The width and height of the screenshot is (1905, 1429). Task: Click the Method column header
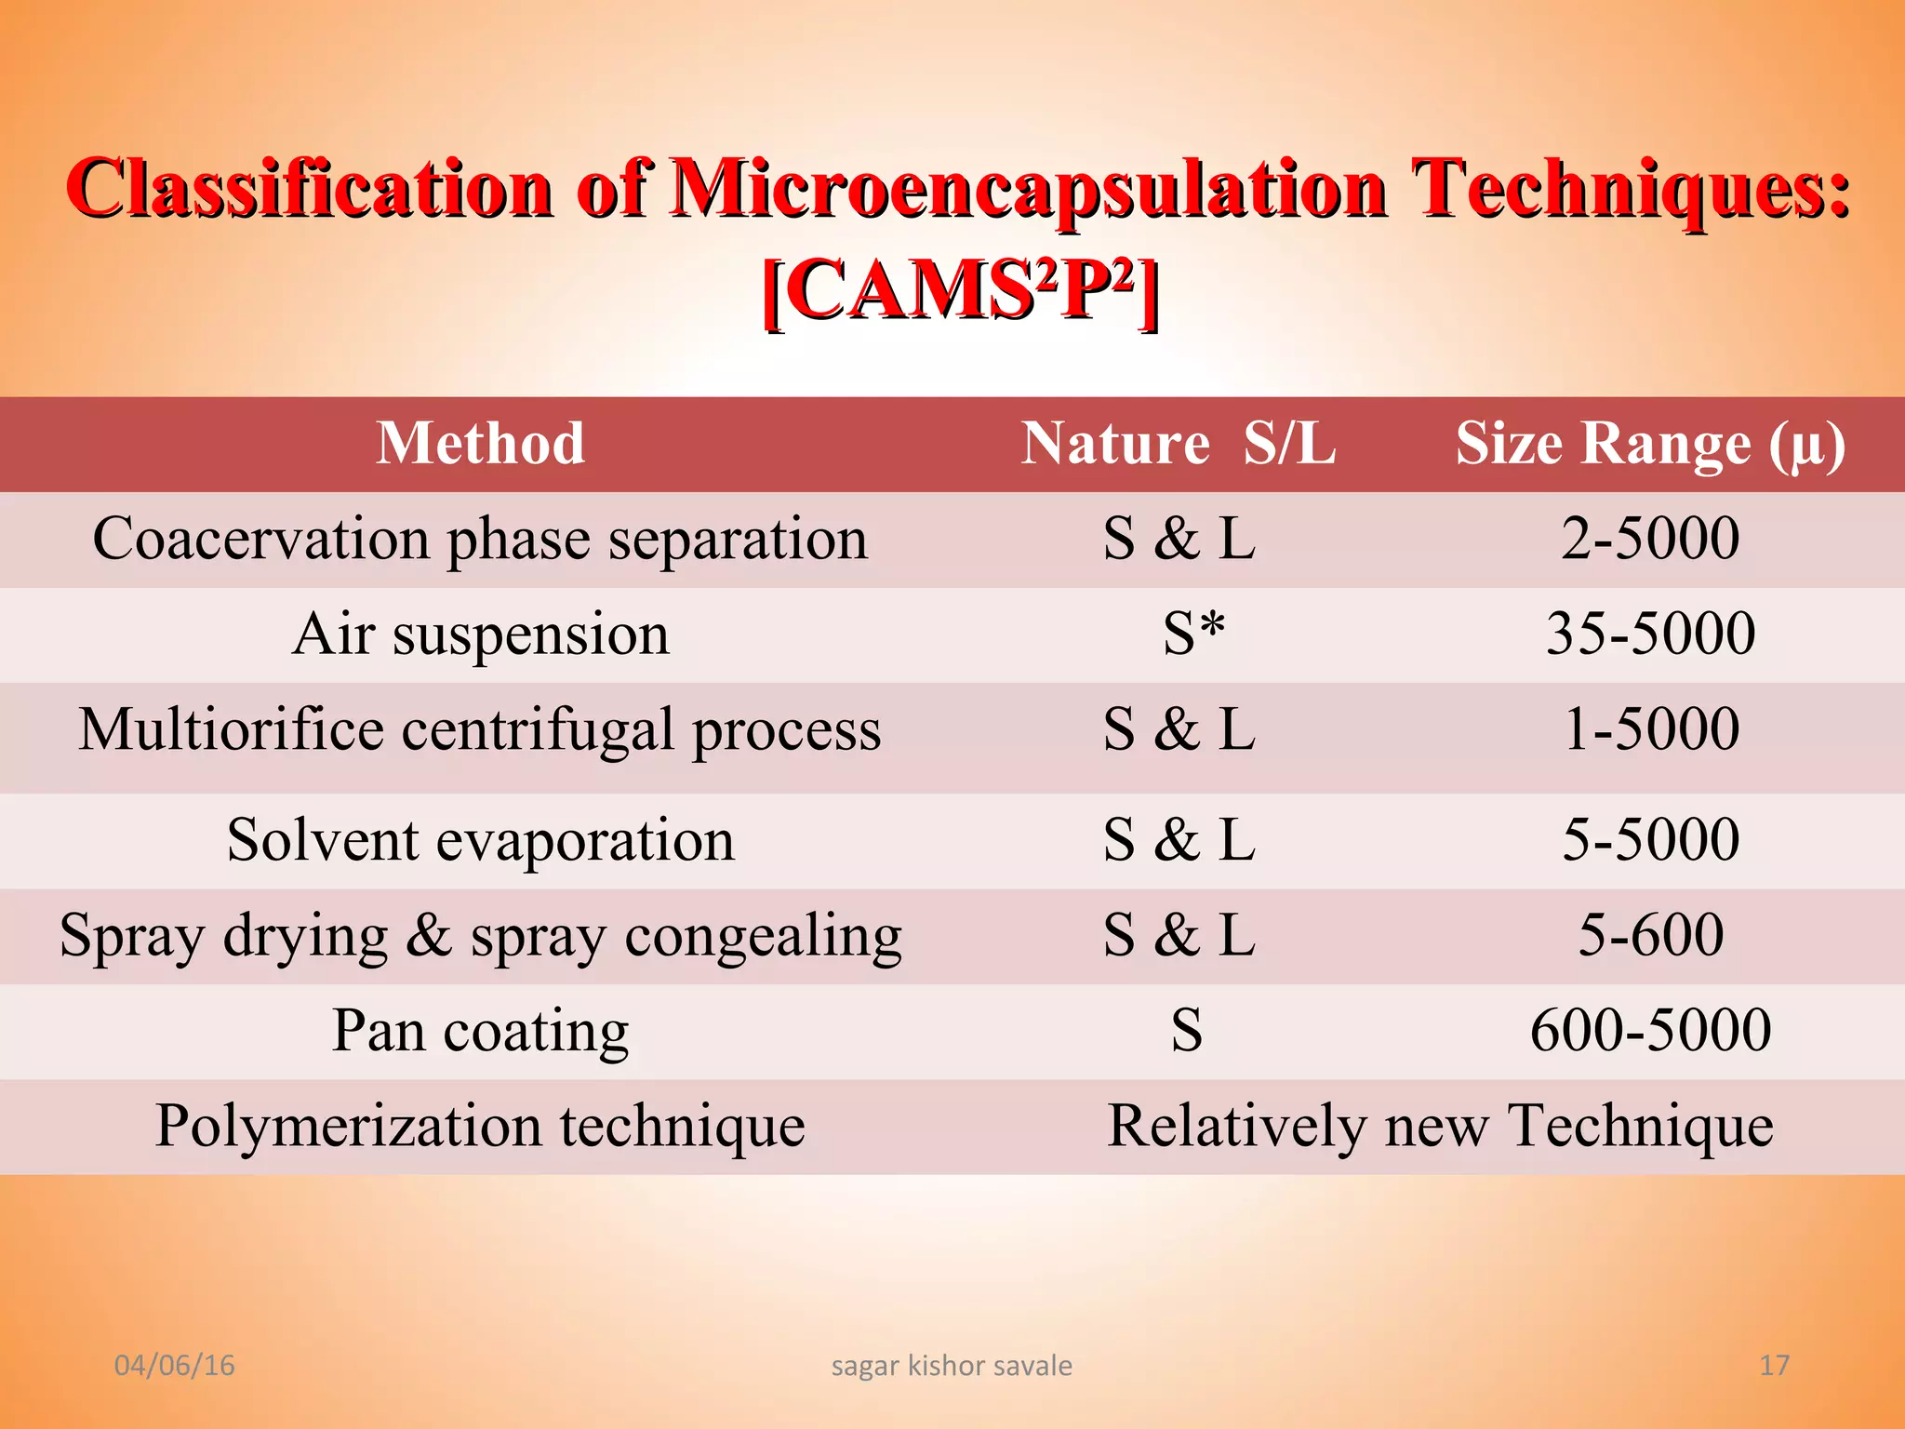(x=480, y=443)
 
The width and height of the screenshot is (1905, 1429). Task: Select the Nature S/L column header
(x=1178, y=443)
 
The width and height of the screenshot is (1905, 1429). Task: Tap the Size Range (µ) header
(x=1650, y=445)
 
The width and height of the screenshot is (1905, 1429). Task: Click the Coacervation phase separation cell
(x=480, y=539)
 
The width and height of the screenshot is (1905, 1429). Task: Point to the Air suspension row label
(x=480, y=634)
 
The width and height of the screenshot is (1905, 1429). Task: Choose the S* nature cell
(x=1193, y=634)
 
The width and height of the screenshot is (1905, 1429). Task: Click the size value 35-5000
(x=1650, y=634)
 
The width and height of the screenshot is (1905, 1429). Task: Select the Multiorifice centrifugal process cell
(x=480, y=729)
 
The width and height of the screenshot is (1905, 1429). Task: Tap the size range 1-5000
(x=1650, y=729)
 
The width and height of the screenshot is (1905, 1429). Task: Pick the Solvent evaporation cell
(x=480, y=841)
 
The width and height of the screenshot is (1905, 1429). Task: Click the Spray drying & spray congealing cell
(x=480, y=936)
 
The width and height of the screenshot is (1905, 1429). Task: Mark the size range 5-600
(x=1650, y=936)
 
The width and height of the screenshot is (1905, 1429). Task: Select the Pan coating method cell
(x=480, y=1031)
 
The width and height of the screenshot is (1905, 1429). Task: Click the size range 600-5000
(x=1650, y=1031)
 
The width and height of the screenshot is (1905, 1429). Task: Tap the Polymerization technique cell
(x=480, y=1127)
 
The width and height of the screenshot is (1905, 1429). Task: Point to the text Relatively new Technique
(x=1440, y=1127)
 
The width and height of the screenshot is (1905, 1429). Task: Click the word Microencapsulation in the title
(x=1029, y=189)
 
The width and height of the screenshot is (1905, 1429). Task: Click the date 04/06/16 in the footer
(x=174, y=1366)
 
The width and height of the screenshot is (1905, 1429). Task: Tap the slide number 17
(x=1774, y=1366)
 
